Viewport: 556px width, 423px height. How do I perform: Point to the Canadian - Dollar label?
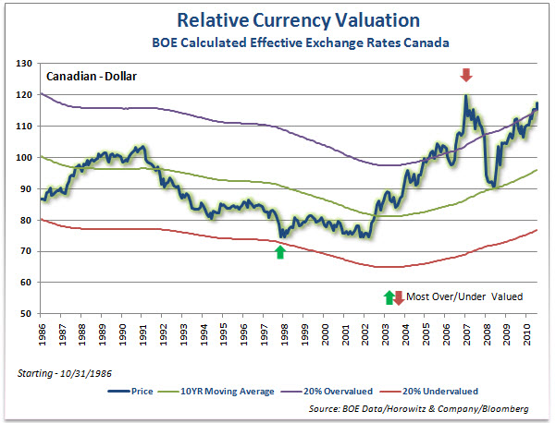[x=91, y=77]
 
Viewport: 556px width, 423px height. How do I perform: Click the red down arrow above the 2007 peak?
[x=466, y=75]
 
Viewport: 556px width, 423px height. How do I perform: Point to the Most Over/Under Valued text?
[x=463, y=296]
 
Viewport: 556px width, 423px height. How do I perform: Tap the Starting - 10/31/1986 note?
[x=64, y=372]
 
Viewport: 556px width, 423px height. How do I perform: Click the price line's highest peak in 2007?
[x=466, y=96]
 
